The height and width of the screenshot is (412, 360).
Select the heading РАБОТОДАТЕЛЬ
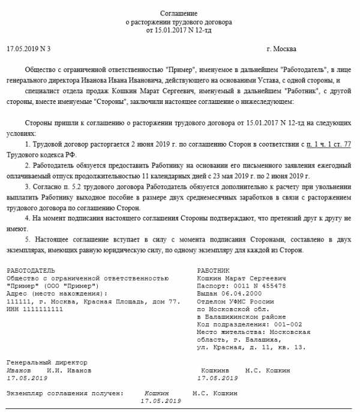[31, 271]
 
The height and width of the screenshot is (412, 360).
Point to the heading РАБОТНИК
[213, 271]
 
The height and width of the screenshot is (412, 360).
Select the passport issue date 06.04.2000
[242, 294]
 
